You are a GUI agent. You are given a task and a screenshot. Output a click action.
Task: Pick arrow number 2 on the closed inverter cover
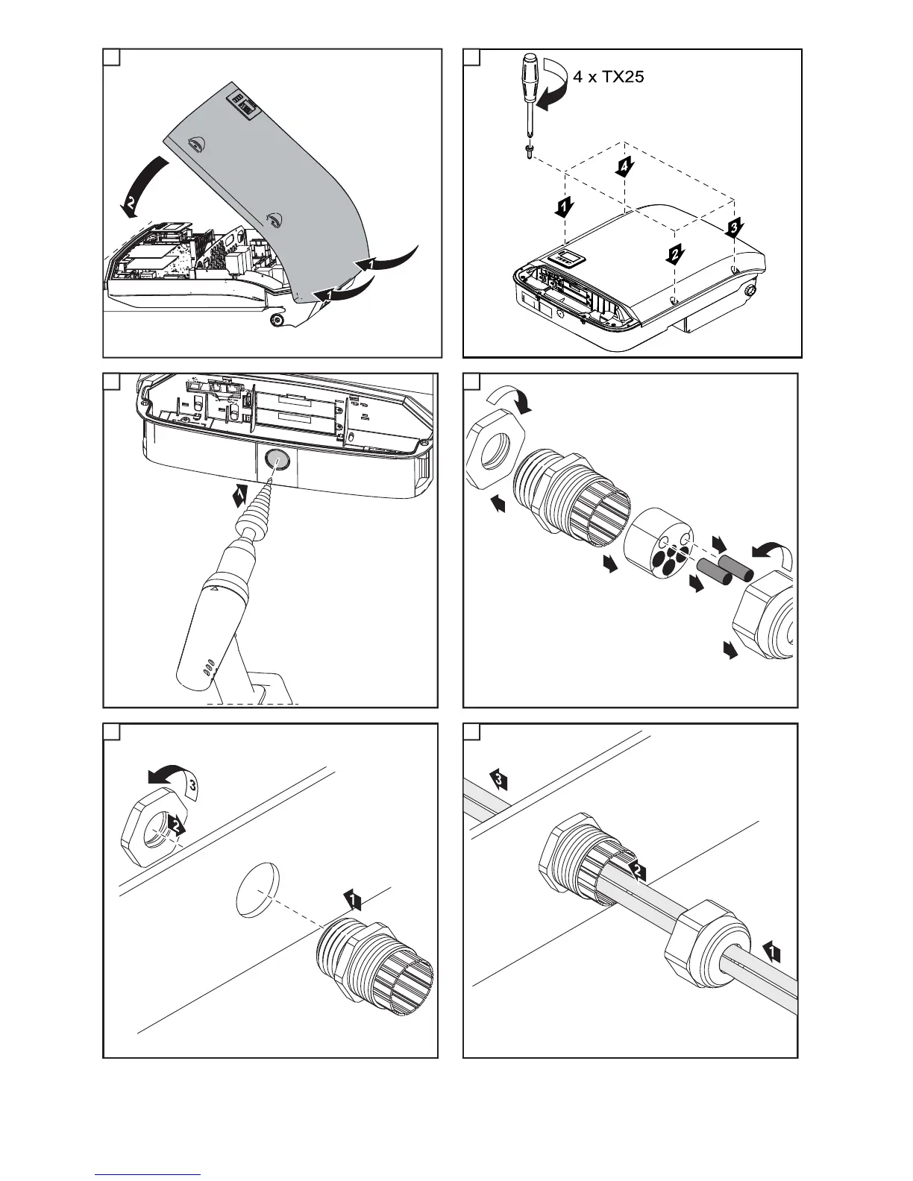(674, 253)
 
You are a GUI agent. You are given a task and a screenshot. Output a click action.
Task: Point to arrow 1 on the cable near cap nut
(773, 951)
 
